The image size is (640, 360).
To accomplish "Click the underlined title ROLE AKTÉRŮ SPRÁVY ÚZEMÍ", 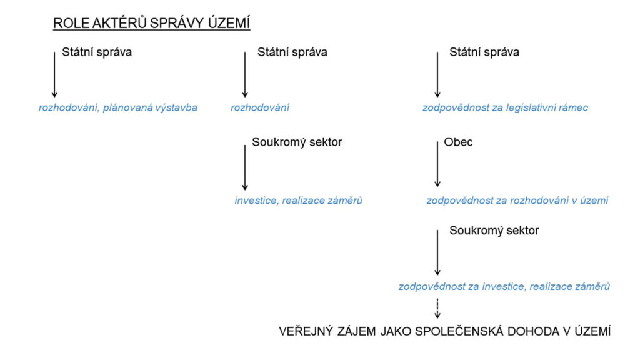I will pos(151,24).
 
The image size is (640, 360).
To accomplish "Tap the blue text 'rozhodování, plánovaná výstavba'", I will pos(118,107).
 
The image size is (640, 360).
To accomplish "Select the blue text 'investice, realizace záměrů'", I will pos(299,201).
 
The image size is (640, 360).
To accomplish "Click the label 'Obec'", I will pos(458,142).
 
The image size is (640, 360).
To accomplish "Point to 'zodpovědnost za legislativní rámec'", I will pos(505,107).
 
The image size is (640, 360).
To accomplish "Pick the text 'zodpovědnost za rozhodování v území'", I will pos(517,201).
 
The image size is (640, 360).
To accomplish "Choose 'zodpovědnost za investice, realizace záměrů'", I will pos(504,286).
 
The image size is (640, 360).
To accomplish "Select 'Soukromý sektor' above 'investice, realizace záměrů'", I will pos(297,142).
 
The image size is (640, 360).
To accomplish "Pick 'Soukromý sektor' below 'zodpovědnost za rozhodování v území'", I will pos(494,231).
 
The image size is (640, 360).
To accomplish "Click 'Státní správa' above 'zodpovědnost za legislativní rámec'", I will pos(484,52).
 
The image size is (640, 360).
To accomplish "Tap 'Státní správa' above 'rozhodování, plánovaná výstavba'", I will pos(97,52).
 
